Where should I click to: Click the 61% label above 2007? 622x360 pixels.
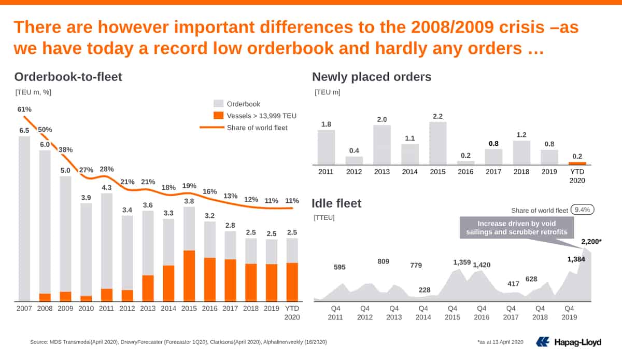24,109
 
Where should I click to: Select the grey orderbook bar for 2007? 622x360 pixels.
24,219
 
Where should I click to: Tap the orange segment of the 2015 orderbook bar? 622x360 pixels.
189,276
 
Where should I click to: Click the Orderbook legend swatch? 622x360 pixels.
219,104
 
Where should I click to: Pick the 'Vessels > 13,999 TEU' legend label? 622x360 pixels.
262,116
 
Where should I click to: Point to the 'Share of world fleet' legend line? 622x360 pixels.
212,127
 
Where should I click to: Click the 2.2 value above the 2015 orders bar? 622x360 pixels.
437,116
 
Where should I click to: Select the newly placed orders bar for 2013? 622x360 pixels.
382,145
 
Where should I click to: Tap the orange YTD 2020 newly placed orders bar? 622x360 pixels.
577,163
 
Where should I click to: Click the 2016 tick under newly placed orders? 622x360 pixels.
465,172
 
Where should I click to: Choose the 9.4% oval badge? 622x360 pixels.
582,210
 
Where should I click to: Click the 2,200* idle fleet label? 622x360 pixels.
591,242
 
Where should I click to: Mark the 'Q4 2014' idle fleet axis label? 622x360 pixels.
423,313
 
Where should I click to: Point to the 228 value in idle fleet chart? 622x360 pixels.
425,290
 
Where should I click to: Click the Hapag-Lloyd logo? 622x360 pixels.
569,342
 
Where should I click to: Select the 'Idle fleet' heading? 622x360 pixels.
336,203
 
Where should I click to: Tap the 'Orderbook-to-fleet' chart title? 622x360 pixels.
68,77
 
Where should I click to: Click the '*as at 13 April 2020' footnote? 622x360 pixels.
500,342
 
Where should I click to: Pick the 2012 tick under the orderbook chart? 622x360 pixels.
127,309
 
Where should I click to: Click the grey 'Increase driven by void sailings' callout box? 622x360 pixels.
517,228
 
